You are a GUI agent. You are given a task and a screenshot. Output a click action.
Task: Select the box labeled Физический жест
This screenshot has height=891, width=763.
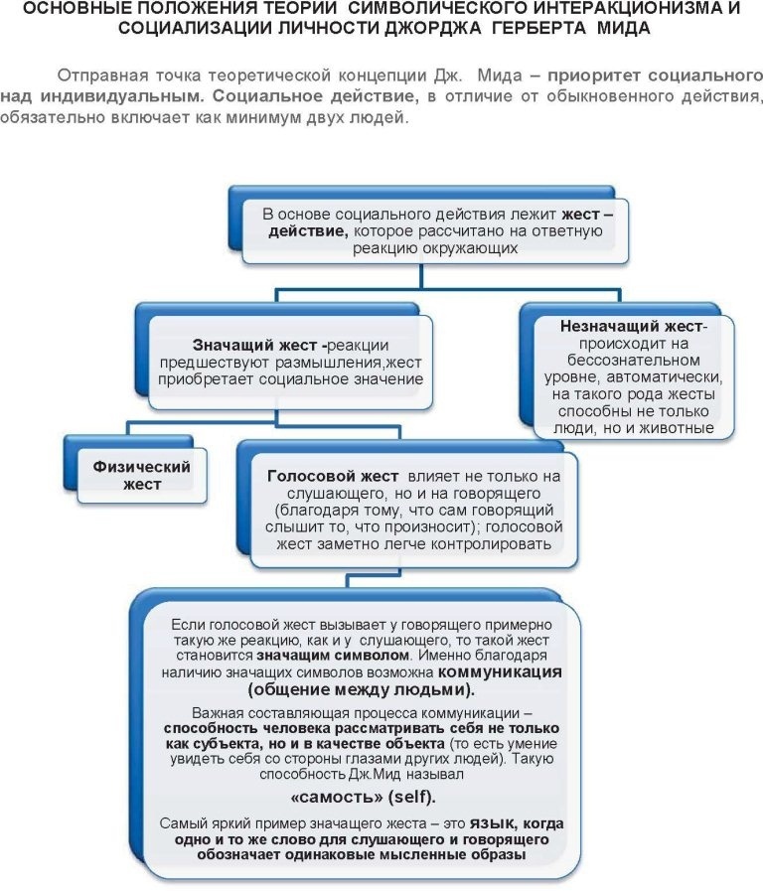(141, 474)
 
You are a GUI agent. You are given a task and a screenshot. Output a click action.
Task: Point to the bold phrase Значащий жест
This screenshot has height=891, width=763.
(256, 344)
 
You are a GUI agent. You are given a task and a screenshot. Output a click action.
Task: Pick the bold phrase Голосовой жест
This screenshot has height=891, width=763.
(333, 476)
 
